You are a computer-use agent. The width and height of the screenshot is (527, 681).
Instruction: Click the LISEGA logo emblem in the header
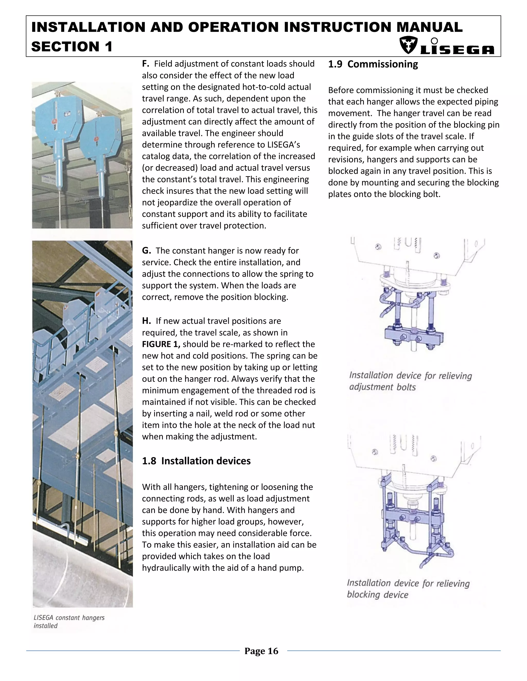pos(408,46)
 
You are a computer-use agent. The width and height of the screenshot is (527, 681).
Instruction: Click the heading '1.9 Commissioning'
pos(373,64)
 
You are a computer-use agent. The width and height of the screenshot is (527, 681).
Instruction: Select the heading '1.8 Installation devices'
pos(196,461)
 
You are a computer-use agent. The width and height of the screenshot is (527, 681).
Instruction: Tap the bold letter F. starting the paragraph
pos(145,64)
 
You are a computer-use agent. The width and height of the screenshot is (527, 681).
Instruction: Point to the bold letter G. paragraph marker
pos(146,251)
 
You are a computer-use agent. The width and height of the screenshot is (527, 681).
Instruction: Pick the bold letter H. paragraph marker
pos(146,321)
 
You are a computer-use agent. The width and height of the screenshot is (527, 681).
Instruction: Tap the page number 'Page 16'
pos(261,651)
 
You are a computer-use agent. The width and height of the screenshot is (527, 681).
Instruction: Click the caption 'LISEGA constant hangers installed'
pos(69,621)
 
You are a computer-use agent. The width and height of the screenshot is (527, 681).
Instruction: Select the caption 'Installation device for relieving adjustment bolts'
pos(410,381)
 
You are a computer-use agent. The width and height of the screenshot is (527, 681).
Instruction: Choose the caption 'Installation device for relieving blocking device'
pos(408,589)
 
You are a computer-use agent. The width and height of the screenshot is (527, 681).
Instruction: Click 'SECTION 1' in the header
pos(72,47)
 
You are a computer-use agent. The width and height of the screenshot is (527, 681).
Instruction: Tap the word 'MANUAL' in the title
pos(429,27)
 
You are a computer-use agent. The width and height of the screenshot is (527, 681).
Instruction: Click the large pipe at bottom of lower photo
pos(78,577)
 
